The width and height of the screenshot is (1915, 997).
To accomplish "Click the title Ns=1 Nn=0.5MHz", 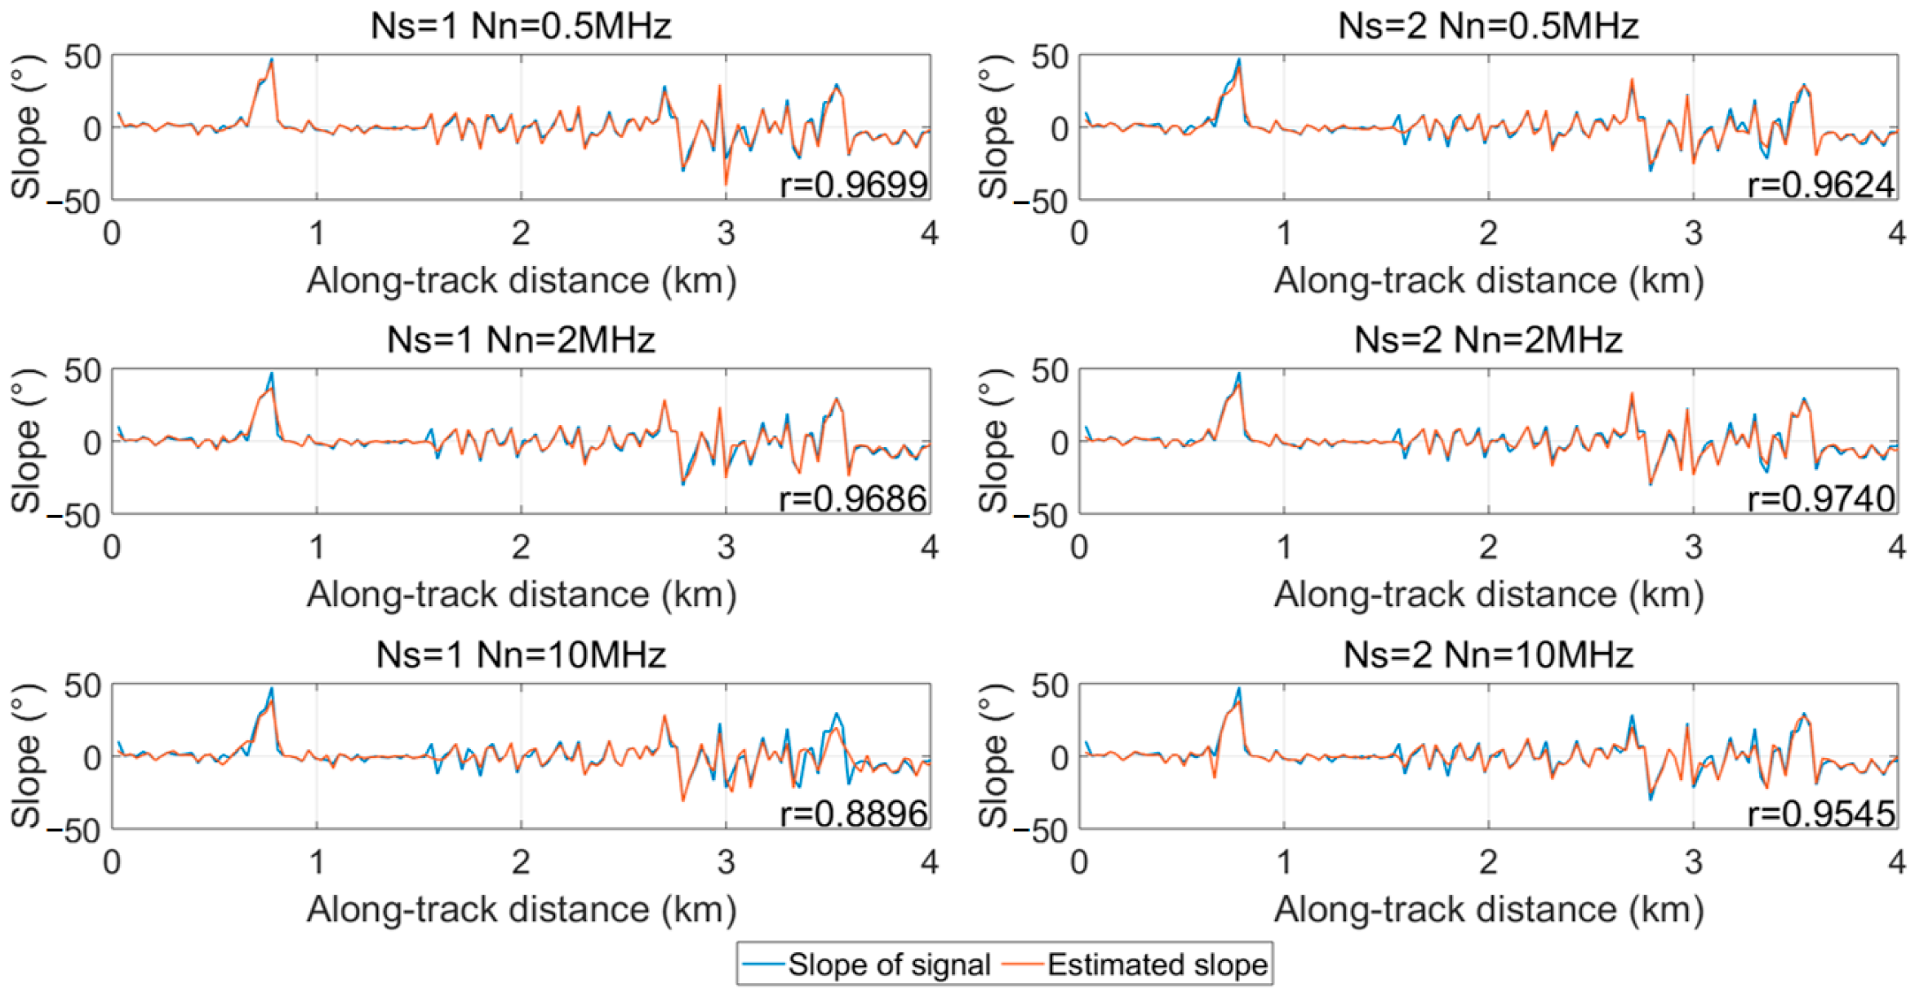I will point(521,26).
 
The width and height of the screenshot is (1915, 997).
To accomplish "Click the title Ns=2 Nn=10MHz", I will point(1488,655).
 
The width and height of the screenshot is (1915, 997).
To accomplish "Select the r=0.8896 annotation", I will point(854,813).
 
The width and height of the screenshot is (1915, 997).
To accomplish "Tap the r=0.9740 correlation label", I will point(1821,498).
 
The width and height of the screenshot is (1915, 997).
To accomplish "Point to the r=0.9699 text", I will point(854,185).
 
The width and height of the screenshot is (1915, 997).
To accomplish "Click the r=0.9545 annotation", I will point(1821,813).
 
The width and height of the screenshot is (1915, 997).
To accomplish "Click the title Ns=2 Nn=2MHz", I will point(1488,340).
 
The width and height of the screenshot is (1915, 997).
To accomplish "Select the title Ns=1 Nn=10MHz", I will point(521,655).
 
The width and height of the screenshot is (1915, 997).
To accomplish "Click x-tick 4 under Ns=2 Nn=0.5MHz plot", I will point(1896,233).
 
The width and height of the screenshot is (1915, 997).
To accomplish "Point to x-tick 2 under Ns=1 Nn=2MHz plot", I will point(521,547).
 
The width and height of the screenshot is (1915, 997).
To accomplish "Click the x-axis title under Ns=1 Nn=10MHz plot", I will point(521,909).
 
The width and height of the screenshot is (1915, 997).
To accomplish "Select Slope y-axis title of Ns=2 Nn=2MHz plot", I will point(993,441).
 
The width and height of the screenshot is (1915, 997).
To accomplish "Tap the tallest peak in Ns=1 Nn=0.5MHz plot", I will point(272,60).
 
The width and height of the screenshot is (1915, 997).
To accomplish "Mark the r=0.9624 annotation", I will point(1821,185).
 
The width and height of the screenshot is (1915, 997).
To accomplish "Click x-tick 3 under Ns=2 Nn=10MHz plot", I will point(1693,862).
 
